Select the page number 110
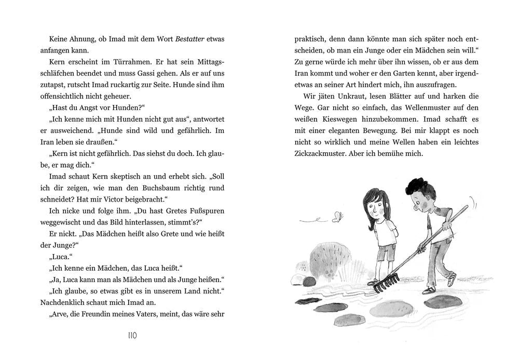pyautogui.click(x=132, y=336)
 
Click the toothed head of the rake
pyautogui.click(x=384, y=282)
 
